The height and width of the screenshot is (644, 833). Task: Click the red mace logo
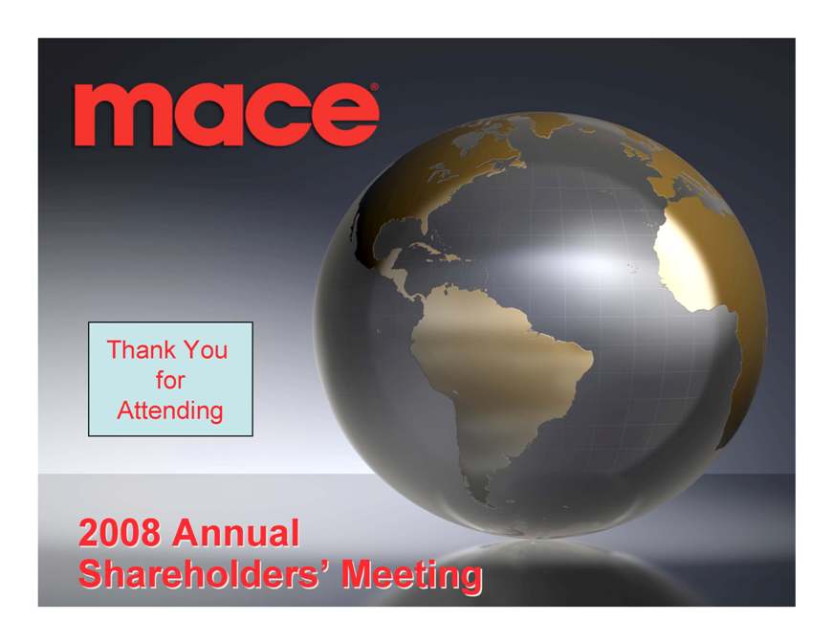click(x=227, y=114)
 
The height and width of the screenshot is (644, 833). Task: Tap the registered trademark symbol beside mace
click(x=375, y=87)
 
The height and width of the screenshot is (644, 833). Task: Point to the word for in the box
click(x=170, y=380)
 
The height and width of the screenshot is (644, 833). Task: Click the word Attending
click(x=170, y=411)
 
